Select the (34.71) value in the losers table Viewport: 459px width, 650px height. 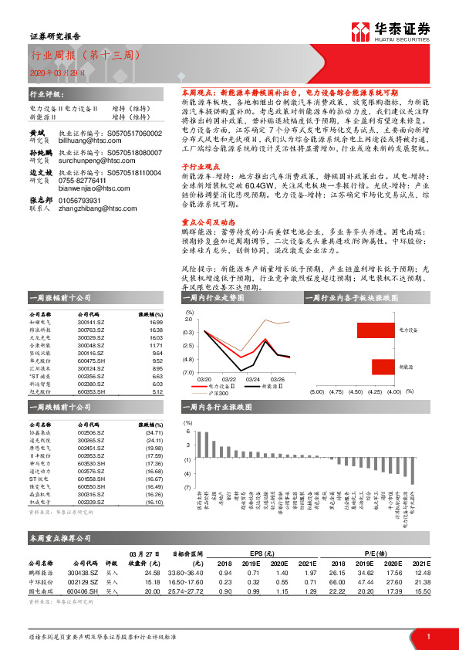[154, 435]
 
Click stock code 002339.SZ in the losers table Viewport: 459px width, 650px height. [91, 502]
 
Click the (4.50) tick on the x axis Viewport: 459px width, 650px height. [355, 392]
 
